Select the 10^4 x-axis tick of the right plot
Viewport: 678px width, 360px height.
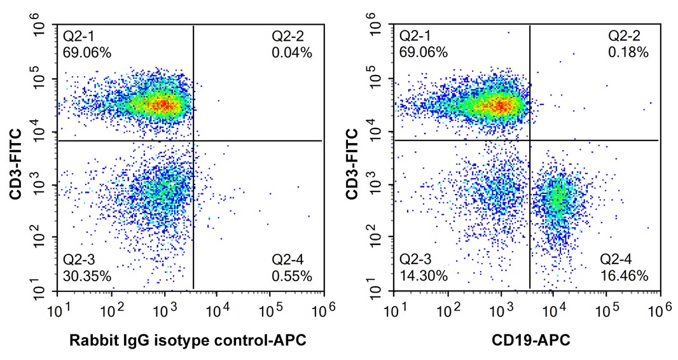click(552, 310)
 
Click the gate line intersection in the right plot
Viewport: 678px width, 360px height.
click(530, 140)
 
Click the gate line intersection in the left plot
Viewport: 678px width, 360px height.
click(193, 140)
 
